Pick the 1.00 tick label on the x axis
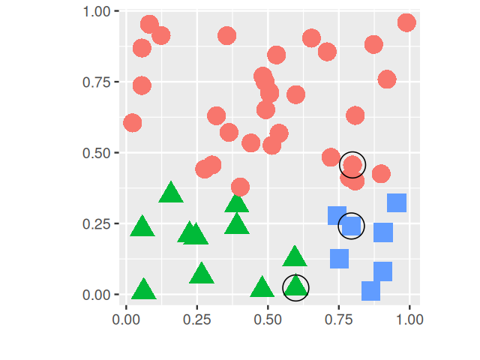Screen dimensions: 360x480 tap(409, 319)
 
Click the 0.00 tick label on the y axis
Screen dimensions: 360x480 tap(95, 295)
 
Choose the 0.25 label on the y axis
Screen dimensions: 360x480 tap(95, 224)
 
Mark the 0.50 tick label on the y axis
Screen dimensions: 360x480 tap(95, 153)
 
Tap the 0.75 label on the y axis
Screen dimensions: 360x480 tap(95, 82)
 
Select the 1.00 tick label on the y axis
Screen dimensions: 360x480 tap(95, 11)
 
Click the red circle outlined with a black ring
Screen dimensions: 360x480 tap(352, 164)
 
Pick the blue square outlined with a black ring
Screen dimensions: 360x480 tap(351, 225)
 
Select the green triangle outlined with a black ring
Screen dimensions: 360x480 tap(296, 286)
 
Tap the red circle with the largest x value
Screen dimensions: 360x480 tap(406, 22)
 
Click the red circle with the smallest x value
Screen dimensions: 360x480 tap(133, 122)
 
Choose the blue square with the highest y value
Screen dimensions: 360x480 tap(397, 202)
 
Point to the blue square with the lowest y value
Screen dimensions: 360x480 tap(371, 290)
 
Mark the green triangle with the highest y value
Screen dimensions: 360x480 tap(171, 193)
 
